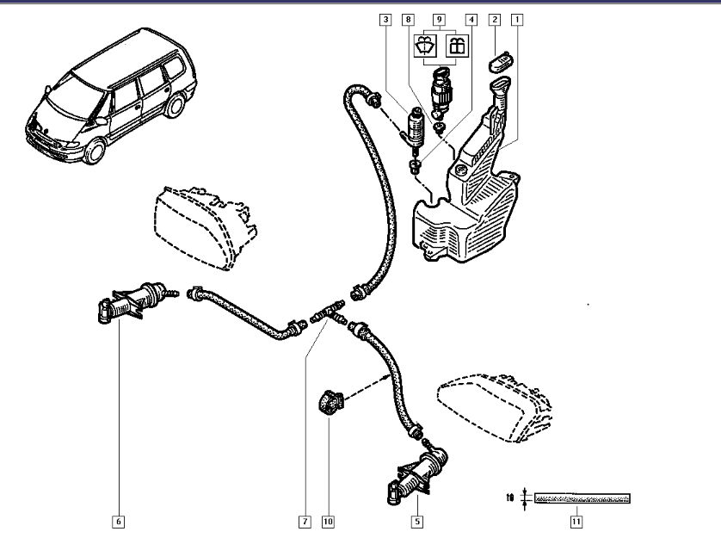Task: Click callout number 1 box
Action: pyautogui.click(x=518, y=18)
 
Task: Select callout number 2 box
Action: pyautogui.click(x=495, y=18)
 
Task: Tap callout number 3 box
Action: pyautogui.click(x=385, y=18)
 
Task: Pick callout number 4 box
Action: pyautogui.click(x=471, y=18)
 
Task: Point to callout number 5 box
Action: pyautogui.click(x=416, y=521)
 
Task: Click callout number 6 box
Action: pyautogui.click(x=118, y=521)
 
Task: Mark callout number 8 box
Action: pyautogui.click(x=408, y=18)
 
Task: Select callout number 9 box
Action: pyautogui.click(x=440, y=18)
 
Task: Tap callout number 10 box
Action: pyautogui.click(x=328, y=521)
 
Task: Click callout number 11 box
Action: pyautogui.click(x=575, y=521)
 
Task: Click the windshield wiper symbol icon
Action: pyautogui.click(x=423, y=46)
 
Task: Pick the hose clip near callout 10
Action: pyautogui.click(x=329, y=401)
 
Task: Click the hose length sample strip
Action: pyautogui.click(x=582, y=498)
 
